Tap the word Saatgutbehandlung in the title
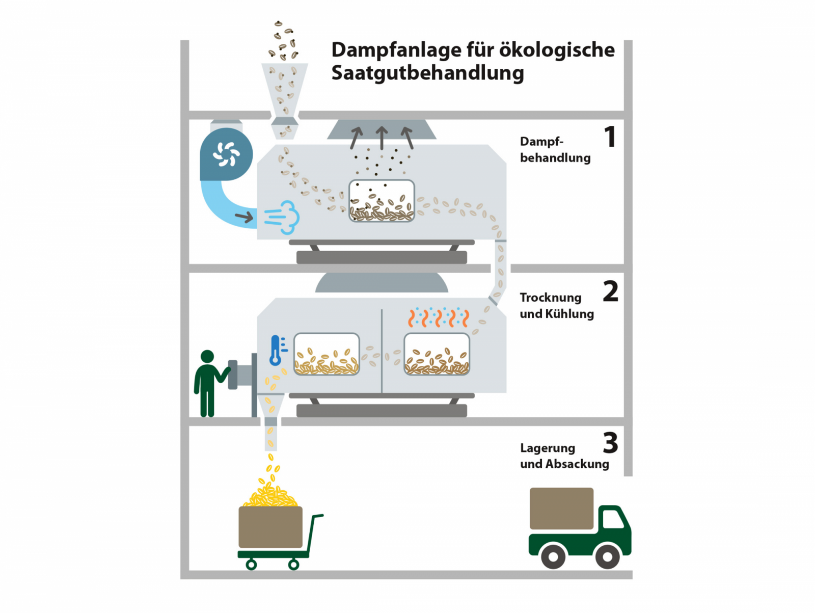coord(427,73)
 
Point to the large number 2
coord(610,291)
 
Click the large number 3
coord(610,443)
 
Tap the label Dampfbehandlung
coord(555,149)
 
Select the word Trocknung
coord(550,297)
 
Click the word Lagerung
coord(547,448)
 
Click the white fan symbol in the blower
coord(226,153)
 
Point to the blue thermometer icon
coord(277,350)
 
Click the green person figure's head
coord(207,356)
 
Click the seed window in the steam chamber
coord(382,201)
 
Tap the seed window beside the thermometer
coord(327,354)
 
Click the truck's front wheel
coord(607,556)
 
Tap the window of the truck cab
coord(613,519)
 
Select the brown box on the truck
coord(561,508)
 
